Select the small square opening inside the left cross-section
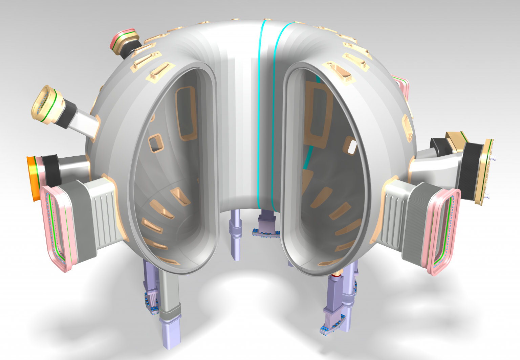(156, 143)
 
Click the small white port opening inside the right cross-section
(351, 147)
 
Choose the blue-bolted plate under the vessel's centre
(266, 233)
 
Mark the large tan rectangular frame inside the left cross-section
(186, 113)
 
